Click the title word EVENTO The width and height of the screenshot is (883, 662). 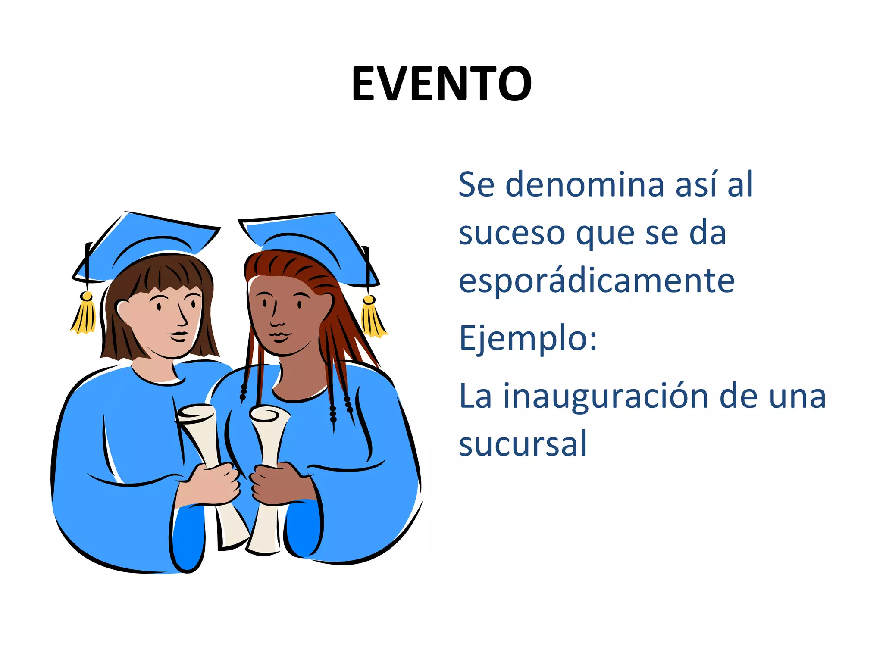coord(441,84)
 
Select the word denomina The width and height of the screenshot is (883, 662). coord(585,184)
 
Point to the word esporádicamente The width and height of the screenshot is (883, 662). coord(597,281)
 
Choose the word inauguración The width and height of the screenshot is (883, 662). coord(606,396)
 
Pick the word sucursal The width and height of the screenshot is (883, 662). coord(523,444)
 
